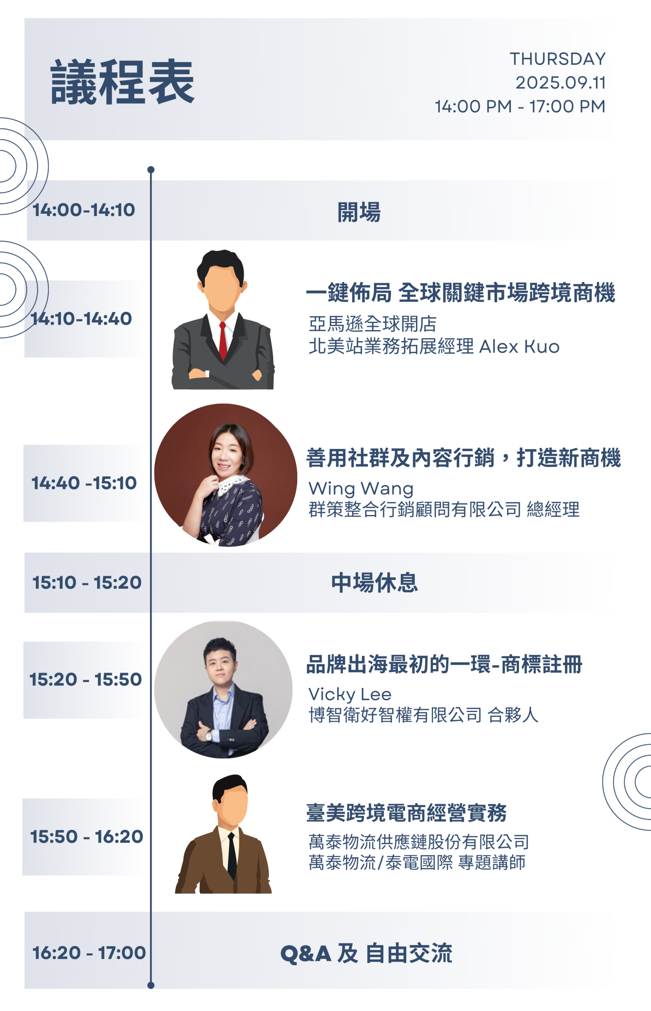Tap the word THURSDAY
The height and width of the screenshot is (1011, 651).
point(557,59)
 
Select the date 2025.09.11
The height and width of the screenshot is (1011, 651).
point(561,83)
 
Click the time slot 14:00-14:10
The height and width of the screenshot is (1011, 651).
point(84,210)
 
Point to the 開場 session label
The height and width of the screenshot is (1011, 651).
point(359,212)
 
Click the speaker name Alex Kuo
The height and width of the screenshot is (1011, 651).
point(520,347)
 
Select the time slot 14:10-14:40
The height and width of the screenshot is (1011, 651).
point(82,318)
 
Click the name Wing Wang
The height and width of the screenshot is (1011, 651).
point(361,489)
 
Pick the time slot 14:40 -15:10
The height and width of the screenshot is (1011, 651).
point(84,483)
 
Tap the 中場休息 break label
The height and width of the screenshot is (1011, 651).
point(375,583)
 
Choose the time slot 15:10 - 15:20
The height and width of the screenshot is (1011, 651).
point(87,582)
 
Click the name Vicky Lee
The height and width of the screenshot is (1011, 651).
point(350,695)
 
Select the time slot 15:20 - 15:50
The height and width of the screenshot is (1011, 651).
point(86,680)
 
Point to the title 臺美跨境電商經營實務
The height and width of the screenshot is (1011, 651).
point(406,813)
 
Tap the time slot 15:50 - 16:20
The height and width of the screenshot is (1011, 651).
point(87,836)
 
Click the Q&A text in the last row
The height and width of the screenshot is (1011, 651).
point(306,953)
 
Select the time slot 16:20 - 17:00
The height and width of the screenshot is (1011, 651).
point(89,953)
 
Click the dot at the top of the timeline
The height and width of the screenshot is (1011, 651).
point(151,169)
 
